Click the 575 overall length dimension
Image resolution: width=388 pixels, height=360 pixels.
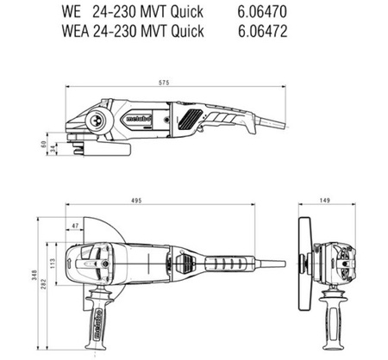[164, 83]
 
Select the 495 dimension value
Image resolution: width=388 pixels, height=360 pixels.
[136, 201]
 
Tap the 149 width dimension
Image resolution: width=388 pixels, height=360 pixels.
[324, 200]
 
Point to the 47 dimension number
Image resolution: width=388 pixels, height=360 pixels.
[75, 226]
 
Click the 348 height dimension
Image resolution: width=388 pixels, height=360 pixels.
[34, 275]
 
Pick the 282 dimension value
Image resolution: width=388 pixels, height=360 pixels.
[44, 283]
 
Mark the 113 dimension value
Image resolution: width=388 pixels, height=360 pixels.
[53, 264]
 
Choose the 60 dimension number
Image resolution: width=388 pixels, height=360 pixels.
[44, 144]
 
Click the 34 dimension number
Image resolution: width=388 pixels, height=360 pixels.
[53, 149]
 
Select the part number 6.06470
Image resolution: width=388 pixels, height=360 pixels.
[262, 12]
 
